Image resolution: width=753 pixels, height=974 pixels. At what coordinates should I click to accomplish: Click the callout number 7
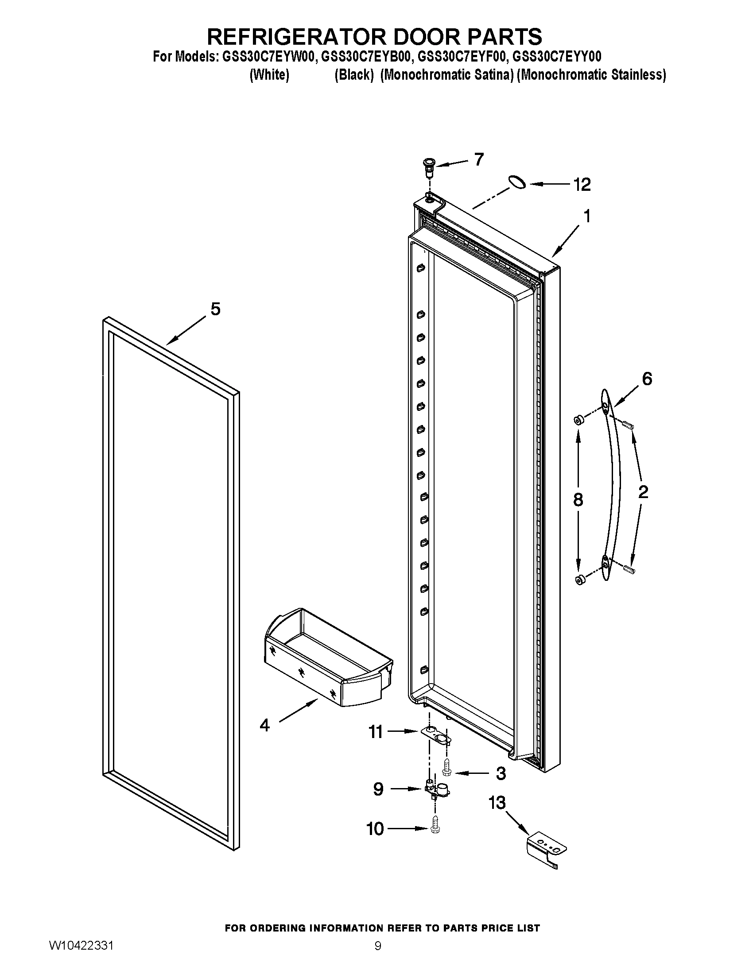[479, 159]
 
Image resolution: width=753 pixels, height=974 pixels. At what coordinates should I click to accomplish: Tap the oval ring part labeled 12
[517, 182]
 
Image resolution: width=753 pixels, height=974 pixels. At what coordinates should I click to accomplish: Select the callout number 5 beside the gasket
[215, 309]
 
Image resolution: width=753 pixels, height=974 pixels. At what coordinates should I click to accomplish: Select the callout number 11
[375, 732]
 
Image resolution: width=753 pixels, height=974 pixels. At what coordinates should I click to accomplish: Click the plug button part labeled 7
[429, 165]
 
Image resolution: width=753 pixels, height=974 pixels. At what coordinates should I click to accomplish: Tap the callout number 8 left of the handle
[578, 500]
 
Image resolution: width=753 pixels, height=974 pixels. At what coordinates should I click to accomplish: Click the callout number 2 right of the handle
[643, 492]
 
